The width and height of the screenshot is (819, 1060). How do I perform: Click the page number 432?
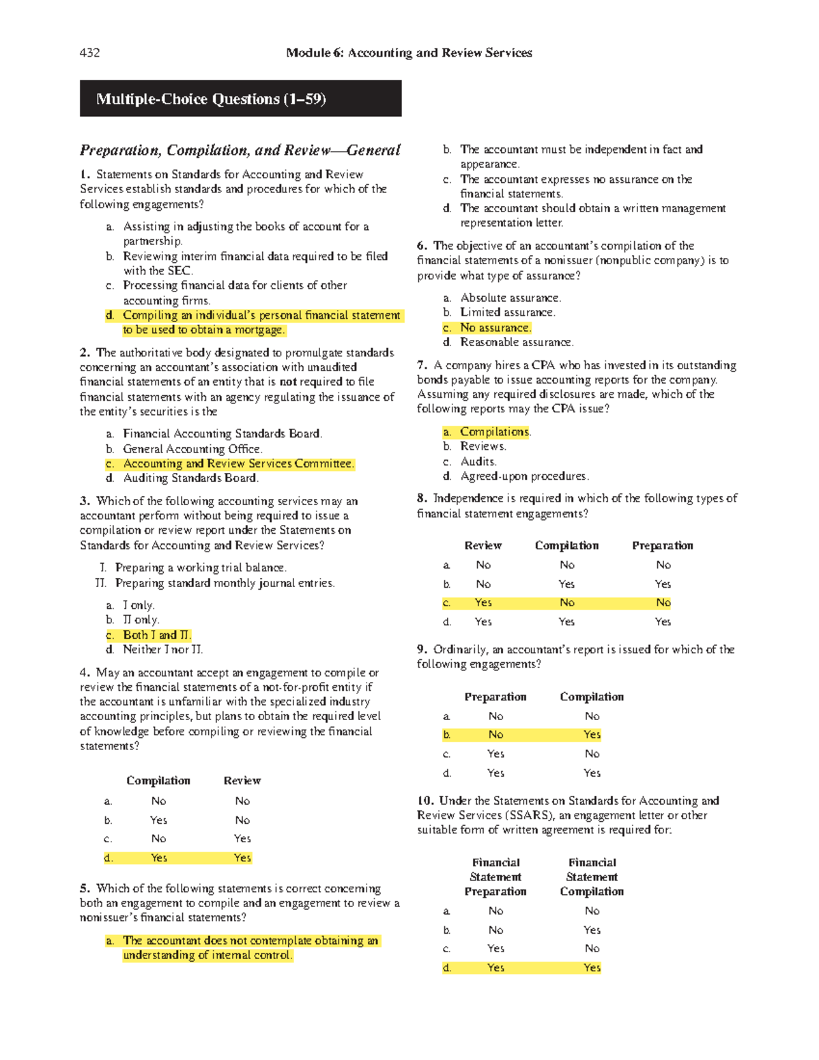(89, 53)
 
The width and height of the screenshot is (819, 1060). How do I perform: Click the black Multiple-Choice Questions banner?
(240, 99)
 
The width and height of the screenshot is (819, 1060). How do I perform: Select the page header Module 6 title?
(409, 53)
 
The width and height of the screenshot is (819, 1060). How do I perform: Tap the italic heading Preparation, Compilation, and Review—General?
(240, 150)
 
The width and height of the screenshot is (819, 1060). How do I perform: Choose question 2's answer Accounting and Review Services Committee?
(238, 463)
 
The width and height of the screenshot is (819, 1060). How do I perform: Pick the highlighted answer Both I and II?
(156, 635)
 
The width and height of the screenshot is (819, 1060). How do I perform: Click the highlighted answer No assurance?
(495, 328)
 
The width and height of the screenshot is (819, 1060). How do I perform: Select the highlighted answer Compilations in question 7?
(494, 432)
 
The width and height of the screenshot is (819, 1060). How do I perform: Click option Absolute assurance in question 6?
(510, 298)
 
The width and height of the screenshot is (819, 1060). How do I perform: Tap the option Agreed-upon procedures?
(523, 476)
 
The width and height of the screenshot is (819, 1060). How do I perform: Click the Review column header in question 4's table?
(242, 781)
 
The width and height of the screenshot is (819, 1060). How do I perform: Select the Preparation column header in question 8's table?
(662, 545)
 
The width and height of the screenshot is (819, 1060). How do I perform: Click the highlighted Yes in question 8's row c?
(483, 603)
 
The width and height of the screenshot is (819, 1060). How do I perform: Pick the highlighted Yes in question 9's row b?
(592, 734)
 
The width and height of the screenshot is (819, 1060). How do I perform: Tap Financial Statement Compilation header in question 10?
(592, 877)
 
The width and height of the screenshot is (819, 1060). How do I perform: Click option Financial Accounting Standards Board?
(222, 434)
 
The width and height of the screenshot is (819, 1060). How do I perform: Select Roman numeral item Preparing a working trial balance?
(201, 568)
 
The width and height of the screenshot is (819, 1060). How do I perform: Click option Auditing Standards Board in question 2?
(190, 478)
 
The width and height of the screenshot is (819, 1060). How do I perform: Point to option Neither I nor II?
(162, 650)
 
